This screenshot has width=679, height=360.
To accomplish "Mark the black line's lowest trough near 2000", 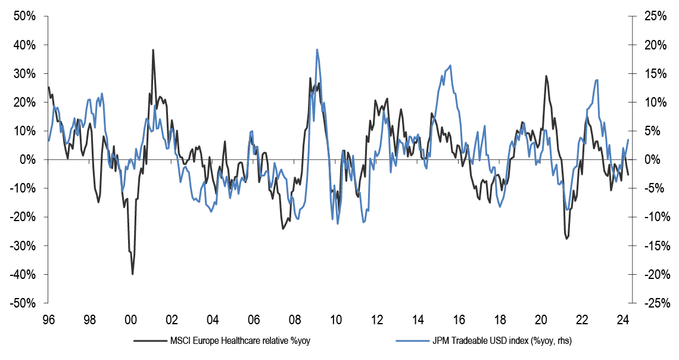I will (132, 274).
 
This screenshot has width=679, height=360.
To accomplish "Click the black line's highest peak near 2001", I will (153, 50).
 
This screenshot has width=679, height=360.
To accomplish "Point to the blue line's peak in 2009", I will (317, 49).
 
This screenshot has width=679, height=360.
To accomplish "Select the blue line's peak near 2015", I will (450, 66).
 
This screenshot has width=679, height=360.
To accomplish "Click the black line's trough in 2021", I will (566, 238).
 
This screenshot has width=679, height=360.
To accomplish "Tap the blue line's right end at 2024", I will (628, 140).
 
